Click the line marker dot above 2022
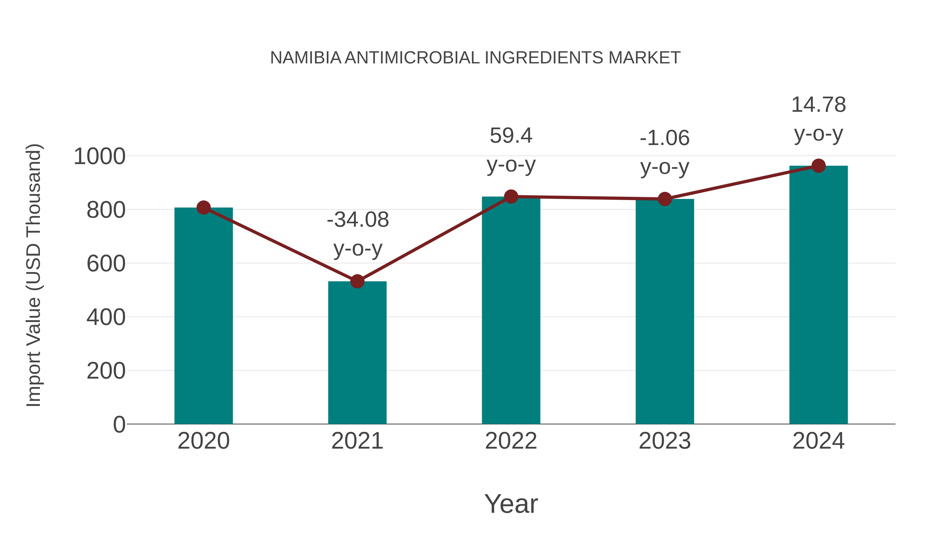click(x=511, y=197)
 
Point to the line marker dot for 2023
click(x=665, y=199)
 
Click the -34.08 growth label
click(x=358, y=220)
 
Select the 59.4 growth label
click(x=511, y=136)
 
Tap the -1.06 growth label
click(x=665, y=138)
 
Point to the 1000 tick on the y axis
click(x=99, y=157)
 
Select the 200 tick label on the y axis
click(x=106, y=371)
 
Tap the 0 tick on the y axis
click(x=119, y=425)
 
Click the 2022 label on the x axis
click(x=511, y=441)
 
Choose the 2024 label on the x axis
click(x=818, y=441)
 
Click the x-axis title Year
click(x=511, y=504)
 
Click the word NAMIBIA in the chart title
click(x=306, y=58)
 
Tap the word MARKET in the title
click(x=645, y=58)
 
